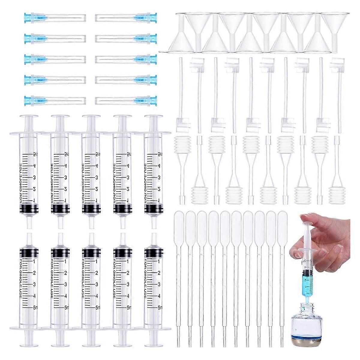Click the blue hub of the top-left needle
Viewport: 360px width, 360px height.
(x=29, y=18)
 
